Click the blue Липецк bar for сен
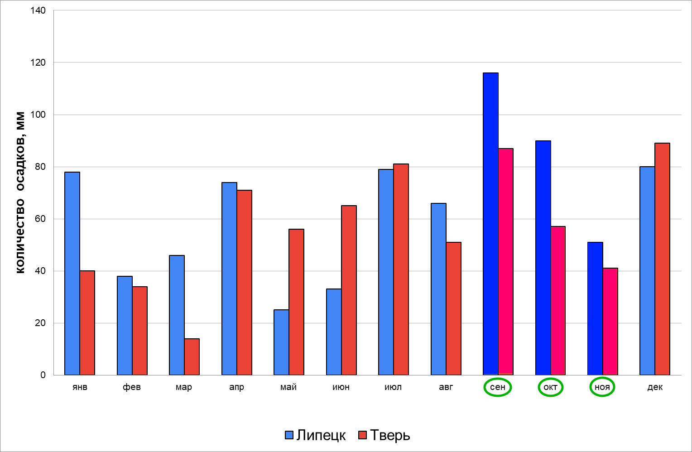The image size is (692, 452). click(490, 224)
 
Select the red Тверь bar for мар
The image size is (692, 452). click(192, 357)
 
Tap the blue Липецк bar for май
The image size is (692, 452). click(281, 342)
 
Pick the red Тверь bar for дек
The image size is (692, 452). click(663, 259)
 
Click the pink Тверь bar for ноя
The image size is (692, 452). click(610, 322)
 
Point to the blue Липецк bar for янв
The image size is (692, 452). click(72, 274)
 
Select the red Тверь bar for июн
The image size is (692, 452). click(349, 290)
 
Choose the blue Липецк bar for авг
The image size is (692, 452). click(439, 289)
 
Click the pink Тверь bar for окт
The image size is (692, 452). click(558, 301)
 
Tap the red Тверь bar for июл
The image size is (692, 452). click(401, 269)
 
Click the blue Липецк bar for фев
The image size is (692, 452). click(125, 326)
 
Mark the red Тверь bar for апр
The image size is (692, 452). click(245, 283)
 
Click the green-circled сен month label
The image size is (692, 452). click(498, 387)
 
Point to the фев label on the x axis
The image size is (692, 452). click(132, 387)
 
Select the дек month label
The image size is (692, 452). click(655, 387)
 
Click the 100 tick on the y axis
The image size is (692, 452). click(38, 115)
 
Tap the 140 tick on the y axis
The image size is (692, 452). click(38, 10)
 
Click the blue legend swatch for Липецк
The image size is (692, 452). click(289, 435)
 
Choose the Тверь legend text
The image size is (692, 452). click(390, 435)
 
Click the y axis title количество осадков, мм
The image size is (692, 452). click(20, 192)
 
